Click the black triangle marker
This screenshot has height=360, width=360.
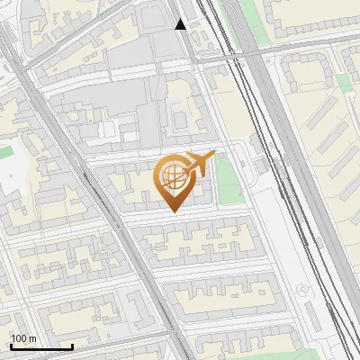coord(181,24)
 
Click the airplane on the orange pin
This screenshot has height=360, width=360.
coord(199,162)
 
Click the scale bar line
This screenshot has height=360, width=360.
coord(41,347)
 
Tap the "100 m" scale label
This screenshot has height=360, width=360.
coord(23,338)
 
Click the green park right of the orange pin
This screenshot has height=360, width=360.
coord(229,179)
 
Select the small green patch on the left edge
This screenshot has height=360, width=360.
coord(5,153)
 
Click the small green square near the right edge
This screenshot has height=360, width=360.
coord(345,83)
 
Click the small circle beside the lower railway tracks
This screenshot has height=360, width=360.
coord(302,290)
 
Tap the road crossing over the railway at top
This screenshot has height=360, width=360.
coord(261,56)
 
